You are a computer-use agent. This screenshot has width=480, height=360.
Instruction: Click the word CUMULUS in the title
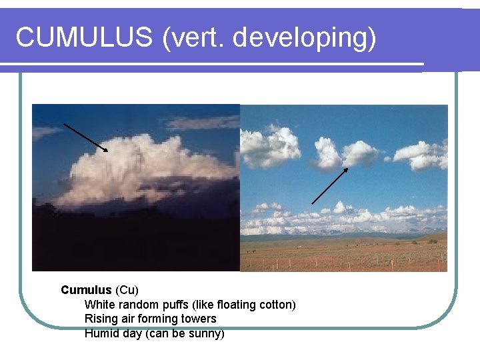[x=84, y=38]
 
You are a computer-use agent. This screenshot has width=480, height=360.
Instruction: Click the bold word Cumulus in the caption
[x=87, y=290]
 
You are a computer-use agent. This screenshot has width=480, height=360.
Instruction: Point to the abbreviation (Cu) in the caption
[x=127, y=290]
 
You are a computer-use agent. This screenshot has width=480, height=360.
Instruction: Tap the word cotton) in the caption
[x=276, y=305]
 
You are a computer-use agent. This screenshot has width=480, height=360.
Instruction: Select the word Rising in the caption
[x=101, y=319]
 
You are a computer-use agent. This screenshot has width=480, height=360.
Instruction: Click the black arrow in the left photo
[x=85, y=137]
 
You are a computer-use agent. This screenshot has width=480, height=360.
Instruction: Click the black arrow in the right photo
[x=330, y=185]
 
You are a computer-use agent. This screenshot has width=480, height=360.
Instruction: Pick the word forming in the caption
[x=159, y=319]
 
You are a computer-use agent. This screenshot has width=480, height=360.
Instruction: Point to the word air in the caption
[x=128, y=319]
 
